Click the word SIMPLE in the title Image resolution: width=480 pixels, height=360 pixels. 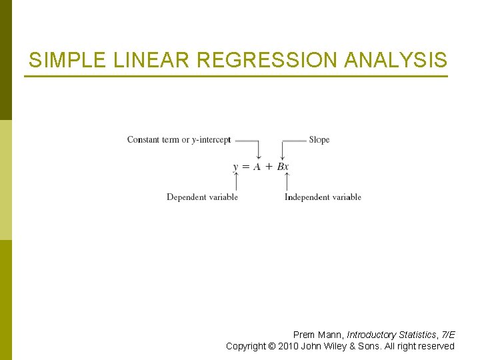[65, 61]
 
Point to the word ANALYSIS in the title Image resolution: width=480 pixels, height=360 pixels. [395, 61]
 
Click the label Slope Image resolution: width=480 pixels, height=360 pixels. [319, 140]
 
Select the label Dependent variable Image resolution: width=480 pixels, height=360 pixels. [202, 197]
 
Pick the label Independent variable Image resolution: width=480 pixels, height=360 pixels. [323, 197]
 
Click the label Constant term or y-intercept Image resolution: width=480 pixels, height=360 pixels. [179, 140]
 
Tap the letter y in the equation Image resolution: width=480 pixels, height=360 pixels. [236, 167]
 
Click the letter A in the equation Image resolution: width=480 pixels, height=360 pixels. [257, 167]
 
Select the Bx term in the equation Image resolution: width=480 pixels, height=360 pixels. [283, 167]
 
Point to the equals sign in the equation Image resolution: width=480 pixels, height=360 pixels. [245, 167]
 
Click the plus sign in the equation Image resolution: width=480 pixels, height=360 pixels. [269, 167]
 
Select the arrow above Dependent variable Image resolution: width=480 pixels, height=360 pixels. [236, 182]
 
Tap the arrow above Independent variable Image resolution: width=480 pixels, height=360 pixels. [287, 182]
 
